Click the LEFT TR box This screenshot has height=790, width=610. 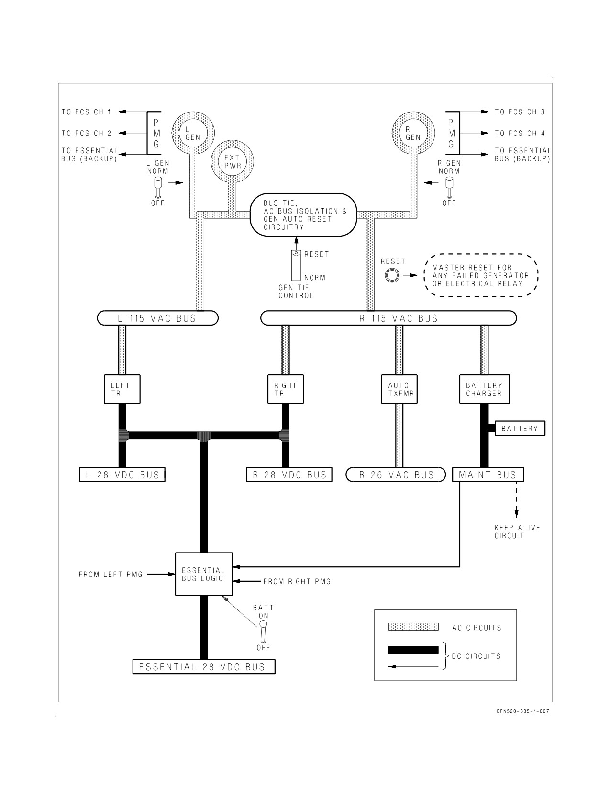(122, 389)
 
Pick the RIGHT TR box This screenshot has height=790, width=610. (286, 389)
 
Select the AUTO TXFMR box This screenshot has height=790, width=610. (399, 389)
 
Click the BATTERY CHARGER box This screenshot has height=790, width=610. (484, 389)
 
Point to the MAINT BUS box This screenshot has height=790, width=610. (488, 475)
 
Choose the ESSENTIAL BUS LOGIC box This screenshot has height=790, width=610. (204, 574)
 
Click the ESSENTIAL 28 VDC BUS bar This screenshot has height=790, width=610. (204, 667)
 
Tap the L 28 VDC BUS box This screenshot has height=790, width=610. (122, 475)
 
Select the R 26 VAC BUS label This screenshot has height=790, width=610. (396, 475)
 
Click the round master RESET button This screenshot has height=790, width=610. (392, 275)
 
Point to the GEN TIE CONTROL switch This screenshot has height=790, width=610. (296, 265)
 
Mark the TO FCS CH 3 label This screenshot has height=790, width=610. (520, 112)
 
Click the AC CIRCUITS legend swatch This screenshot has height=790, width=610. (413, 627)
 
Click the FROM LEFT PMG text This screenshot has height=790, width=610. (111, 575)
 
